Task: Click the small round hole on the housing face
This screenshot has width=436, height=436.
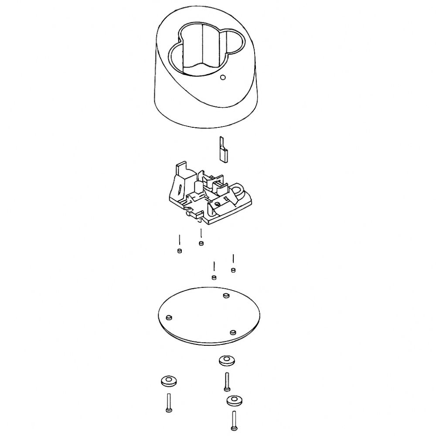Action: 223,78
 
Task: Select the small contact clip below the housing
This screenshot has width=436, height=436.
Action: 223,150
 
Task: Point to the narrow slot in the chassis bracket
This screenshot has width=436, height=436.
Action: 180,190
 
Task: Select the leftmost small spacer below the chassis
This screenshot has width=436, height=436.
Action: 179,251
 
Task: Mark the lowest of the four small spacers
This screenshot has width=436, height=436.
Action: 214,277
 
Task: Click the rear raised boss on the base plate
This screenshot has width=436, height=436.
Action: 226,296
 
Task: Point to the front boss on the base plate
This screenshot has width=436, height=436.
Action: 233,332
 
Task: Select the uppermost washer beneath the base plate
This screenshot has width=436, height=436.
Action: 226,360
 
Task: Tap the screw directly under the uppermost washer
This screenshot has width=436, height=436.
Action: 227,382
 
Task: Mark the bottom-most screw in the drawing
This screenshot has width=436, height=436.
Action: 234,420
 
